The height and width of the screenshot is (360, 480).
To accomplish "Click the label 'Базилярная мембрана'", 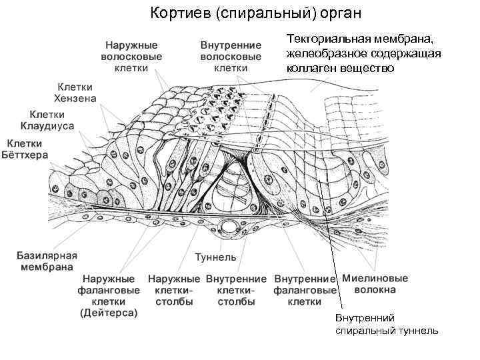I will pos(47,261).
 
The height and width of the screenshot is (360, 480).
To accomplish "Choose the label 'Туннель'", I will pos(215,257).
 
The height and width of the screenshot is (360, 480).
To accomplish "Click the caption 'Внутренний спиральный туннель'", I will pos(386,325).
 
